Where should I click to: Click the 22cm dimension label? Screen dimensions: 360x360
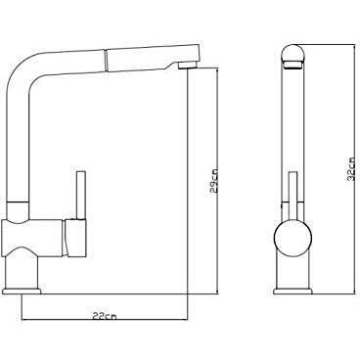point(104,316)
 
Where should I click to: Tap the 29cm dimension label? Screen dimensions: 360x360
point(214,181)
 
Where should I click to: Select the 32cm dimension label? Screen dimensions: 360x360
point(351,169)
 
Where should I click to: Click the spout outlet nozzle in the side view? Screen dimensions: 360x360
point(189,66)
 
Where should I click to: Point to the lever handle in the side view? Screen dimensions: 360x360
point(81,195)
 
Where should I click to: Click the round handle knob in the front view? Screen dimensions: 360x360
point(292,237)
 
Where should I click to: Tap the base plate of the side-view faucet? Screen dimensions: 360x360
point(22,291)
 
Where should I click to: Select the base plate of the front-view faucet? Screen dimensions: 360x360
point(292,291)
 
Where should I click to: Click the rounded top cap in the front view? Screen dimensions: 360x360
point(293,53)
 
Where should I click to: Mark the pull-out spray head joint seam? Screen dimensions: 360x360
point(106,60)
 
